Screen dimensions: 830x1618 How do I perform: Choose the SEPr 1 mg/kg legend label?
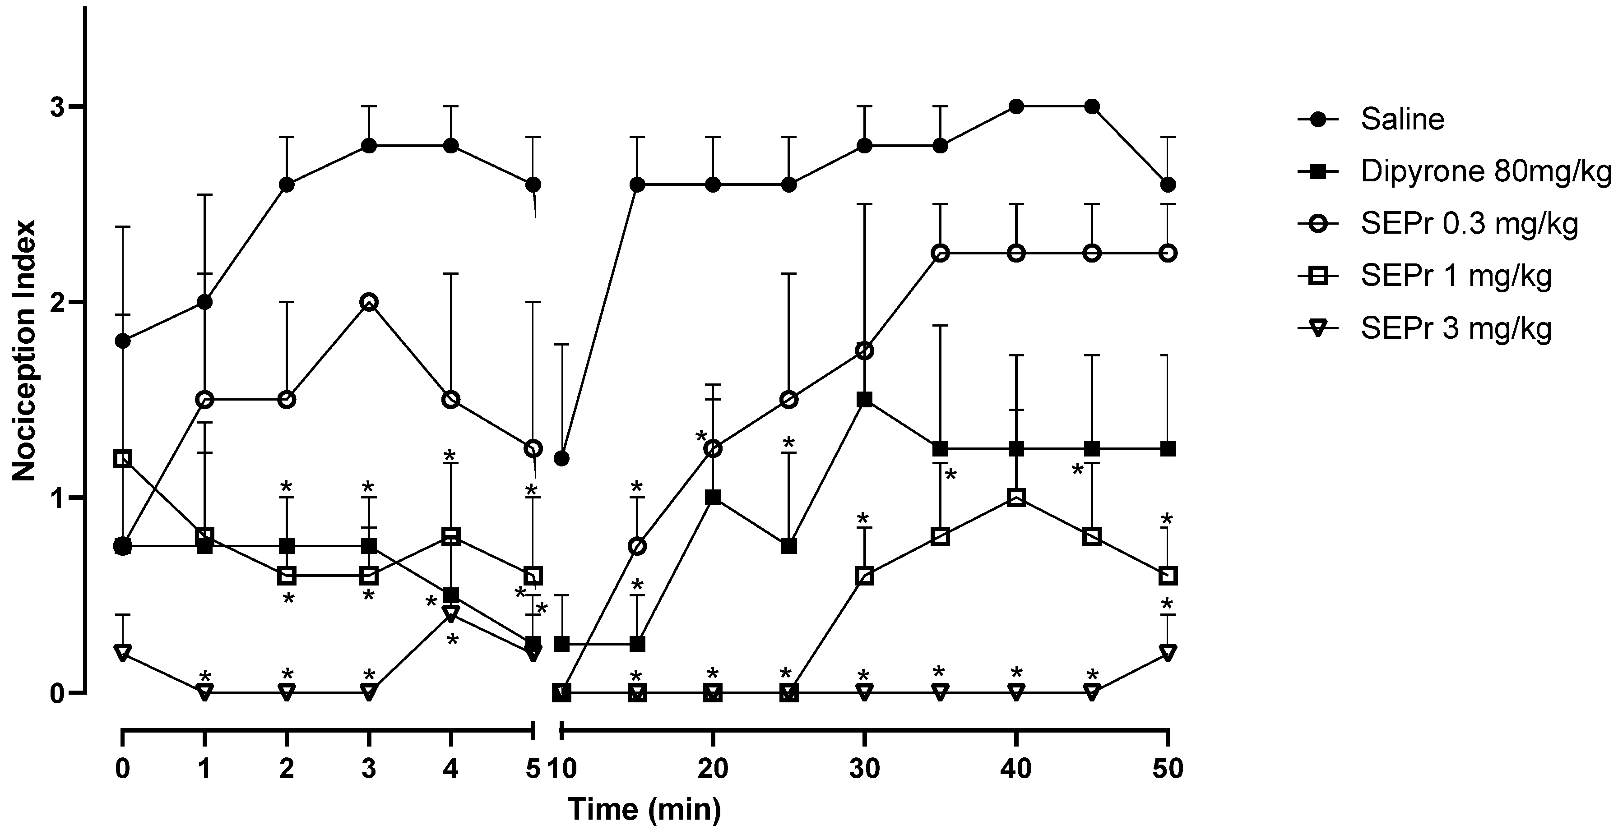click(1456, 276)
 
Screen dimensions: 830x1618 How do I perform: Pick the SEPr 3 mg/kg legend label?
click(1456, 328)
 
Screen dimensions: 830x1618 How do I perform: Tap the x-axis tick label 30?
click(864, 769)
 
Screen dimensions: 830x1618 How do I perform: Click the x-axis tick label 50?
click(1167, 769)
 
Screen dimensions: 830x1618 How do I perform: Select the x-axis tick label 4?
click(450, 769)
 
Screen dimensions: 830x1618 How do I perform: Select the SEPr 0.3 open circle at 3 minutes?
click(369, 302)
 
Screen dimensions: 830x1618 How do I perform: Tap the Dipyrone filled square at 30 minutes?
click(864, 400)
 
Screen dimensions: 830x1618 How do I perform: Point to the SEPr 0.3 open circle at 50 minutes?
click(1167, 253)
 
